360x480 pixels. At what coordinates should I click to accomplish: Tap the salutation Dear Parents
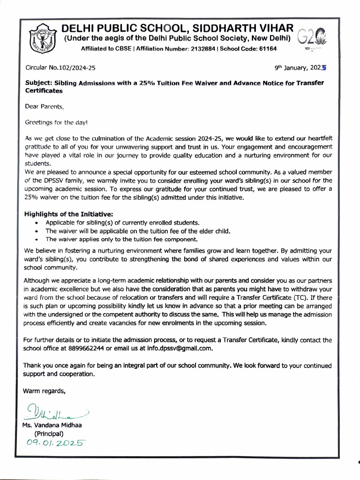tap(44, 107)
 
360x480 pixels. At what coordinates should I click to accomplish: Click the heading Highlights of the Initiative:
tap(68, 214)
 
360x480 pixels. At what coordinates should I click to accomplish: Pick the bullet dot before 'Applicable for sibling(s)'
tap(37, 223)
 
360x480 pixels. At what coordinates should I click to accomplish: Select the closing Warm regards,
tap(44, 390)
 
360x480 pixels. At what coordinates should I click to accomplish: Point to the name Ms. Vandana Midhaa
tap(51, 426)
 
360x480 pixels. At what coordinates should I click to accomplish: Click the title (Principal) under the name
tap(49, 434)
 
